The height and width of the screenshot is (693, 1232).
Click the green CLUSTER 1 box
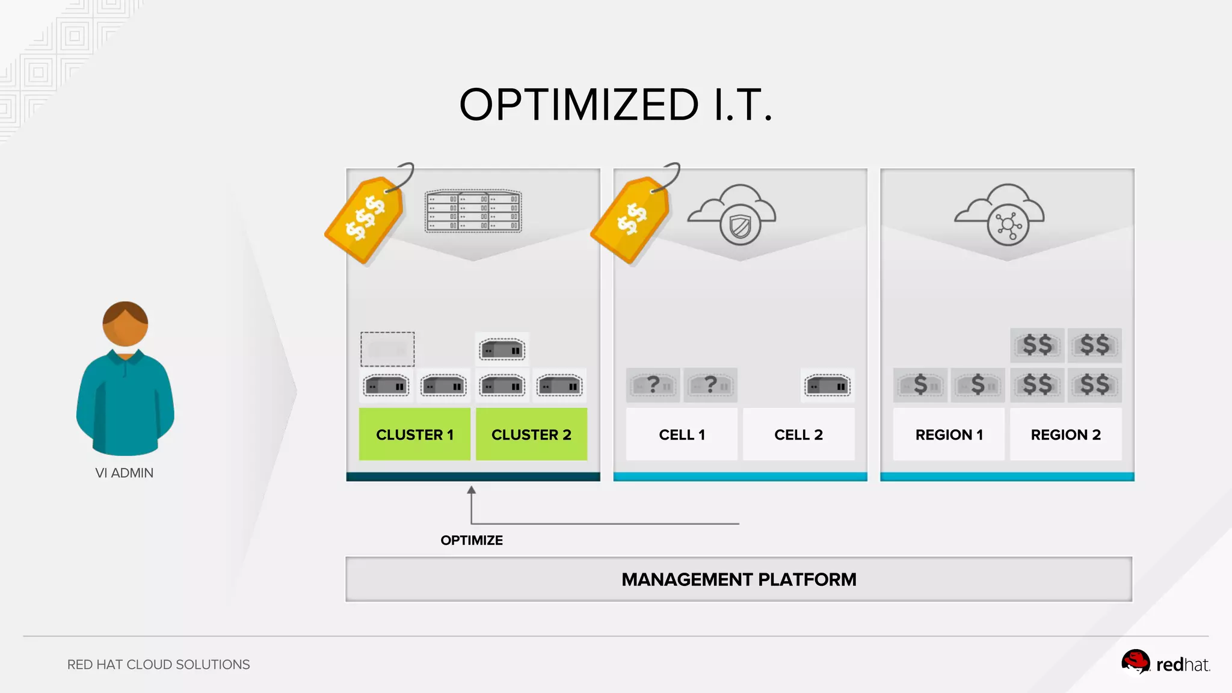point(414,434)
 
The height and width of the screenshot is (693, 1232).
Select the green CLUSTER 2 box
point(531,434)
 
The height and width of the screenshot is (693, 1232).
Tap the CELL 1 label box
point(682,434)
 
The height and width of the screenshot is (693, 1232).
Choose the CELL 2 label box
point(798,434)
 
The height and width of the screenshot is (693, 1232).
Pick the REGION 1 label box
point(949,434)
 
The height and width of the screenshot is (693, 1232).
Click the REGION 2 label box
point(1065,434)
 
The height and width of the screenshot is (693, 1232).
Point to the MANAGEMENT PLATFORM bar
point(739,579)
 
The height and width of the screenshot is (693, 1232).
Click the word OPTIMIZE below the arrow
point(472,540)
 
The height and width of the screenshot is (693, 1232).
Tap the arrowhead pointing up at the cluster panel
point(472,490)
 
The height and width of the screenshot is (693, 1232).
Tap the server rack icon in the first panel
point(473,211)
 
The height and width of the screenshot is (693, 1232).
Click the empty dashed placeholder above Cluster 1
point(387,349)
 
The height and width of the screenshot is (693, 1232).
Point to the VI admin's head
point(125,324)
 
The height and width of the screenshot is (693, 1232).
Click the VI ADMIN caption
point(125,473)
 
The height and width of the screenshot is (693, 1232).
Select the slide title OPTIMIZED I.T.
point(615,105)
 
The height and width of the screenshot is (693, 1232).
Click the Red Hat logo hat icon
point(1135,662)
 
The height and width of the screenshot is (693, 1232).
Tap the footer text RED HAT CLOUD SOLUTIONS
point(158,664)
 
